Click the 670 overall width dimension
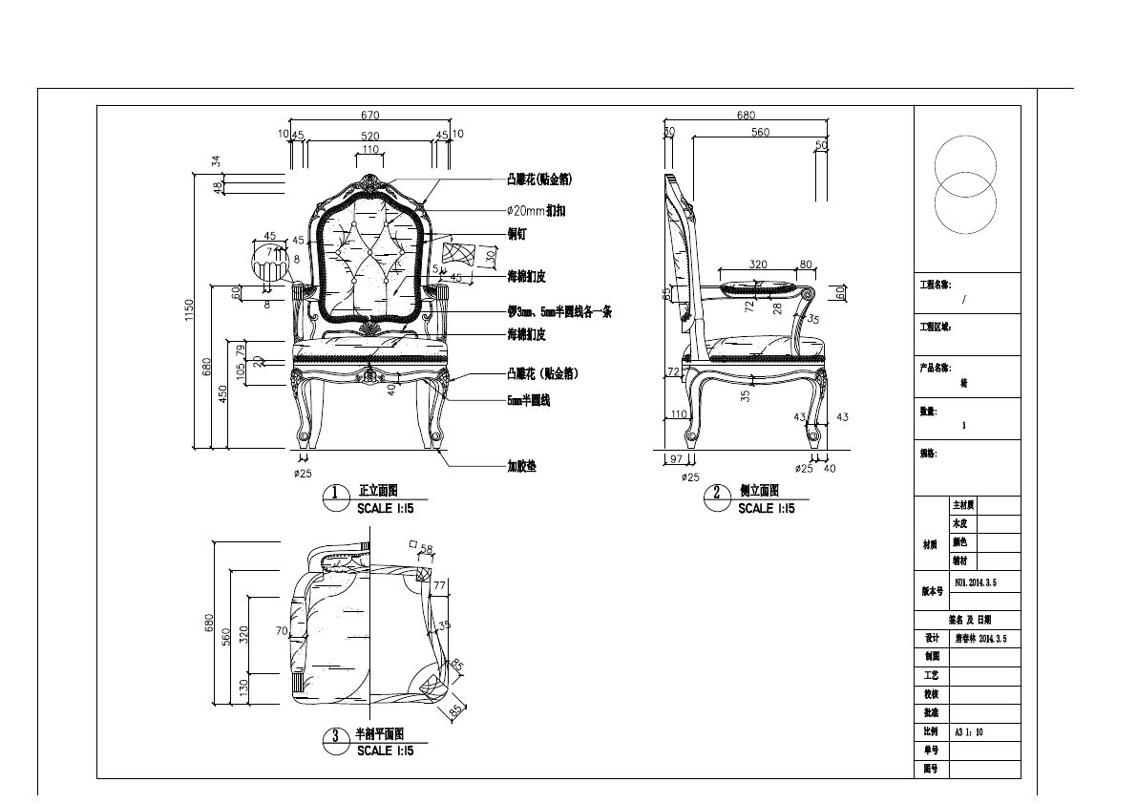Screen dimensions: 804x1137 pyautogui.click(x=369, y=116)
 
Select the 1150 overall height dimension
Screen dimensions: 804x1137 pyautogui.click(x=190, y=310)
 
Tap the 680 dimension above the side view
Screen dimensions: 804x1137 pyautogui.click(x=747, y=116)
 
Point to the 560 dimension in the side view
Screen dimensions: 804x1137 pyautogui.click(x=760, y=133)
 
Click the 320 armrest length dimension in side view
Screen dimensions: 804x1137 pyautogui.click(x=758, y=264)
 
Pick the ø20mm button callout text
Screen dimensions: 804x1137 pyautogui.click(x=537, y=210)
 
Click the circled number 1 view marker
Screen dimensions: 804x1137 pyautogui.click(x=335, y=494)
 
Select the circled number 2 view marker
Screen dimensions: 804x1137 pyautogui.click(x=716, y=494)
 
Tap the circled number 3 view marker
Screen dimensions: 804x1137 pyautogui.click(x=335, y=736)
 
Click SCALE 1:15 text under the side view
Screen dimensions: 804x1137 pyautogui.click(x=769, y=509)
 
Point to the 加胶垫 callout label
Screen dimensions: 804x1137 pyautogui.click(x=521, y=467)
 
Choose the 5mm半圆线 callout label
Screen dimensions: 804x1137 pyautogui.click(x=528, y=401)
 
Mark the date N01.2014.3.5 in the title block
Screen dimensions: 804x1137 pyautogui.click(x=976, y=582)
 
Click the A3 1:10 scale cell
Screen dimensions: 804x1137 pyautogui.click(x=969, y=732)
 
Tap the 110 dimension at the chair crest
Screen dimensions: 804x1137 pyautogui.click(x=369, y=150)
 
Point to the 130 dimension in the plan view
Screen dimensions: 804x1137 pyautogui.click(x=243, y=686)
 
